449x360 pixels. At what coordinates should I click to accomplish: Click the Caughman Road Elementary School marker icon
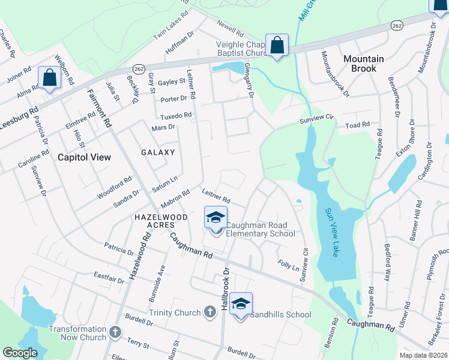[x=216, y=218]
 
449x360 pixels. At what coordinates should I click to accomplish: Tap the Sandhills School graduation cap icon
[x=241, y=304]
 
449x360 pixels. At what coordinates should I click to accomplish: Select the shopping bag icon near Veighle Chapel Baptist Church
[x=277, y=45]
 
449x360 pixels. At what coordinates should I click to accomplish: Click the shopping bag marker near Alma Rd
[x=49, y=77]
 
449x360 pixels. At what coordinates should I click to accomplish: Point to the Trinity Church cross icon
[x=209, y=311]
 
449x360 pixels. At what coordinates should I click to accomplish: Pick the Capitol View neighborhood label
[x=84, y=157]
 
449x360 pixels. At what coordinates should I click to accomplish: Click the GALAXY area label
[x=158, y=152]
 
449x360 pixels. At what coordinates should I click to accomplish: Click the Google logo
[x=20, y=353]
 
